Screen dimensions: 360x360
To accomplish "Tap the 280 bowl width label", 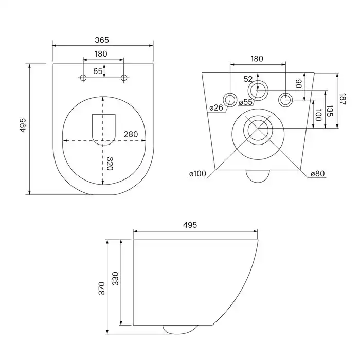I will pyautogui.click(x=131, y=135).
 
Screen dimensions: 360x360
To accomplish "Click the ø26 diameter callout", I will pyautogui.click(x=216, y=108).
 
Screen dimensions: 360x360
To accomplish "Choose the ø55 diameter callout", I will pyautogui.click(x=245, y=102).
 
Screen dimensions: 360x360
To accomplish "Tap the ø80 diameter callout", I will pyautogui.click(x=317, y=174).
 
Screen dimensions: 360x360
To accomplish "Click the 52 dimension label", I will pyautogui.click(x=248, y=79).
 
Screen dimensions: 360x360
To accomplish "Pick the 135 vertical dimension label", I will pyautogui.click(x=330, y=111).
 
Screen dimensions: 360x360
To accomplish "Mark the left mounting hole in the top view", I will pyautogui.click(x=83, y=78).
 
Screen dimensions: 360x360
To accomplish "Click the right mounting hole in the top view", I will pyautogui.click(x=123, y=78).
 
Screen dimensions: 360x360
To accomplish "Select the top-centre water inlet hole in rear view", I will pyautogui.click(x=258, y=91).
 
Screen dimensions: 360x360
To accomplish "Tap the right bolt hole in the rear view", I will pyautogui.click(x=285, y=99).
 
